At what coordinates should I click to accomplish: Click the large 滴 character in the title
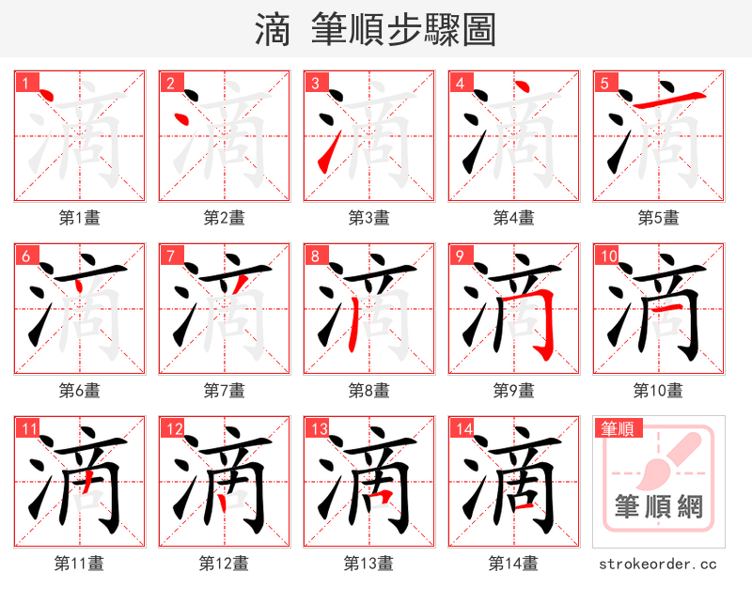[x=273, y=29]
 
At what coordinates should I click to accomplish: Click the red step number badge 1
[x=24, y=83]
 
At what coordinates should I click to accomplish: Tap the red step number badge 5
[x=603, y=83]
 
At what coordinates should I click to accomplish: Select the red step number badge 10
[x=607, y=255]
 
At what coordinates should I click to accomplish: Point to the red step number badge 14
[x=462, y=429]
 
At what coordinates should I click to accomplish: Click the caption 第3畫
[x=368, y=218]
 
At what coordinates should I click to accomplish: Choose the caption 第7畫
[x=224, y=390]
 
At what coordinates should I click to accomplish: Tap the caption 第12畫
[x=224, y=564]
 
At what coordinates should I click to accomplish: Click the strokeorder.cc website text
[x=658, y=564]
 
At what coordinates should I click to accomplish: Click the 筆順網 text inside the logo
[x=658, y=507]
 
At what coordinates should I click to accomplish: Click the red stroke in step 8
[x=352, y=324]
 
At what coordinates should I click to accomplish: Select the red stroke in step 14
[x=527, y=508]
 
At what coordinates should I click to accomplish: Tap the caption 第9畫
[x=513, y=390]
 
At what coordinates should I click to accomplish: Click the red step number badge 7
[x=169, y=255]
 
